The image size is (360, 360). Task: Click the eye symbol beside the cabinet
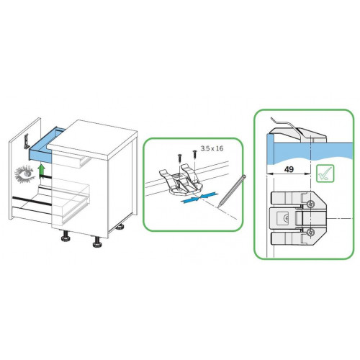click(24, 173)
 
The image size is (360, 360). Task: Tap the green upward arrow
click(42, 171)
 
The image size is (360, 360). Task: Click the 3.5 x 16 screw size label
click(212, 148)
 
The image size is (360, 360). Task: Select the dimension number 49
click(289, 169)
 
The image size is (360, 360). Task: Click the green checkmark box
click(325, 174)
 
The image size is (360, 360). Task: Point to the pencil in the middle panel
click(232, 192)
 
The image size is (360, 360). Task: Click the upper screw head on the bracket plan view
click(310, 204)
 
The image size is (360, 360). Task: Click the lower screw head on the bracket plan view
click(310, 232)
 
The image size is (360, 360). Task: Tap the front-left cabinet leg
click(66, 235)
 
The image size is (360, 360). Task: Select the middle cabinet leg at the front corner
click(97, 242)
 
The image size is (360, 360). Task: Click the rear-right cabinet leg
click(120, 227)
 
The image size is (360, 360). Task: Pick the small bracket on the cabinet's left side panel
click(26, 141)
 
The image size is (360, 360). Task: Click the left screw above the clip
click(180, 158)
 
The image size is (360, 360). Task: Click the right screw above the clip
click(194, 153)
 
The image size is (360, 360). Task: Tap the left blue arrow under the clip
click(190, 199)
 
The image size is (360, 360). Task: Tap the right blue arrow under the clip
click(209, 194)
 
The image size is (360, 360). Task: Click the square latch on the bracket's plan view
click(283, 217)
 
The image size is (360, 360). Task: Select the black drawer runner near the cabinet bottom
click(32, 201)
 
